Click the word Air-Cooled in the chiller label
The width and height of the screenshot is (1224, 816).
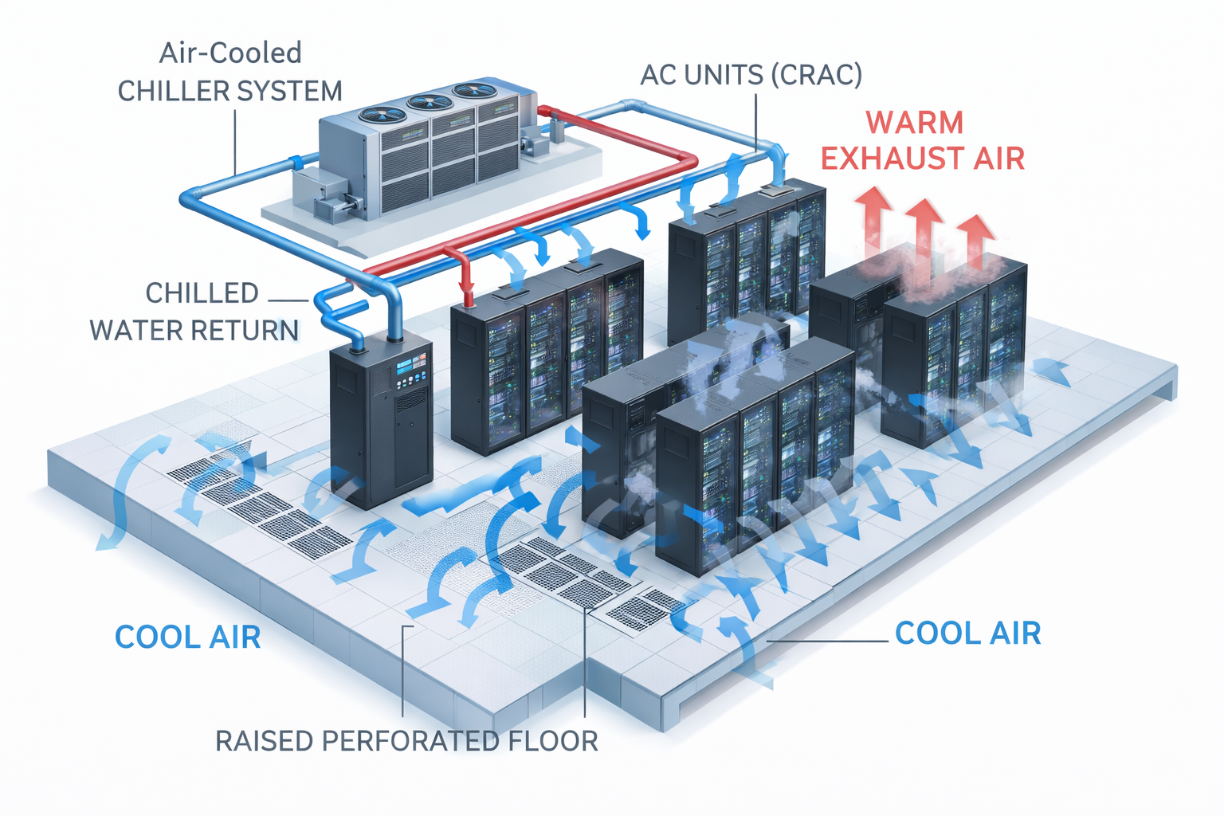click(230, 53)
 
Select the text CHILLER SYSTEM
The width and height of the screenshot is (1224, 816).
click(230, 92)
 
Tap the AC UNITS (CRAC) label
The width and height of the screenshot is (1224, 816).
click(751, 75)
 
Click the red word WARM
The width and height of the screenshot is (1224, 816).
click(915, 123)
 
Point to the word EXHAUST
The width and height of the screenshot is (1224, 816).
click(886, 159)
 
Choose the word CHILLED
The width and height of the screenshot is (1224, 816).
click(202, 293)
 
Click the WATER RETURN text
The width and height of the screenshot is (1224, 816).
click(194, 330)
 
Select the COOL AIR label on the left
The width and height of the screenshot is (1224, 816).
click(188, 637)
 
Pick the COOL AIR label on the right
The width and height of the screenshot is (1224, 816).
click(967, 634)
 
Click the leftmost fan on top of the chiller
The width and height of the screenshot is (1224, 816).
click(381, 115)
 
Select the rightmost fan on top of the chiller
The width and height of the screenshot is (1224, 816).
click(474, 91)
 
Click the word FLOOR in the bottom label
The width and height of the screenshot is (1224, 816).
click(556, 741)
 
